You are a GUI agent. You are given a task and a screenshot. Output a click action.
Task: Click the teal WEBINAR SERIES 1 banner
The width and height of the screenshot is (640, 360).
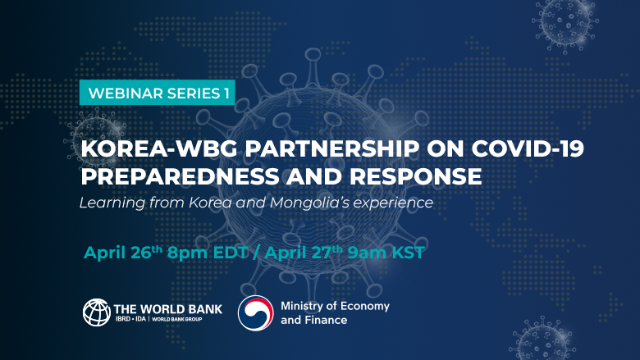pos(158,93)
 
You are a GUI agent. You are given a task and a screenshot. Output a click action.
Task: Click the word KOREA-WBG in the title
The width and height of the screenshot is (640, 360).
pos(159,148)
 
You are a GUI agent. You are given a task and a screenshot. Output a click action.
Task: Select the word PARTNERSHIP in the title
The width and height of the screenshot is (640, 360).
pos(331,148)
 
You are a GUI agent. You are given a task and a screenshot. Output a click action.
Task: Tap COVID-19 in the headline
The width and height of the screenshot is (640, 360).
pos(528,148)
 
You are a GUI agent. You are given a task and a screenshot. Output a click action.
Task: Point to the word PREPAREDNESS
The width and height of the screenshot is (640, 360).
pos(180,176)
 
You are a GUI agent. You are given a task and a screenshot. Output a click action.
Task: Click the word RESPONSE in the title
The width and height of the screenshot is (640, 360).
pos(415,176)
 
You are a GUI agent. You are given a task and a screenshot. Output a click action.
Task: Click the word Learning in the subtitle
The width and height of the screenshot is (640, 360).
pos(112,203)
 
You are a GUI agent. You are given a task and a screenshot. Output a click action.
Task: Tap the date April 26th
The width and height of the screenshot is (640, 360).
pos(123,253)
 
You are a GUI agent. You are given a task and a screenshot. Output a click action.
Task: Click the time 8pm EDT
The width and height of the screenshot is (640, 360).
pos(208,253)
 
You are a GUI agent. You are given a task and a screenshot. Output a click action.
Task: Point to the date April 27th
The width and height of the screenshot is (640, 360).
pos(304,253)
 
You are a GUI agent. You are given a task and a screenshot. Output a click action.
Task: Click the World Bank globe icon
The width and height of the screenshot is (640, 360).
pos(97,312)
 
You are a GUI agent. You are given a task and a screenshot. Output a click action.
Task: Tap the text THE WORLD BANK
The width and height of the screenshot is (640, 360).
pos(167,309)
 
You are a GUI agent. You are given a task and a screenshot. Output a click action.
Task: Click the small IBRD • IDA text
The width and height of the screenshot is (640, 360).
pos(130,319)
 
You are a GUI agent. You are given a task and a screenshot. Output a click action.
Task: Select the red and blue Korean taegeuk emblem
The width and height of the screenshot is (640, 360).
pos(256,312)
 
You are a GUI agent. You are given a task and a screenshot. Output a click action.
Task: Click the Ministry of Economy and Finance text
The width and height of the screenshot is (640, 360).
pos(335,312)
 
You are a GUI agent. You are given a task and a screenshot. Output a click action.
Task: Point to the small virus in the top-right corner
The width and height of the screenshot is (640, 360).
pos(565,25)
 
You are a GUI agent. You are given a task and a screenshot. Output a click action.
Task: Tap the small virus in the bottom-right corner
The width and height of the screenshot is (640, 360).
pos(542,339)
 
